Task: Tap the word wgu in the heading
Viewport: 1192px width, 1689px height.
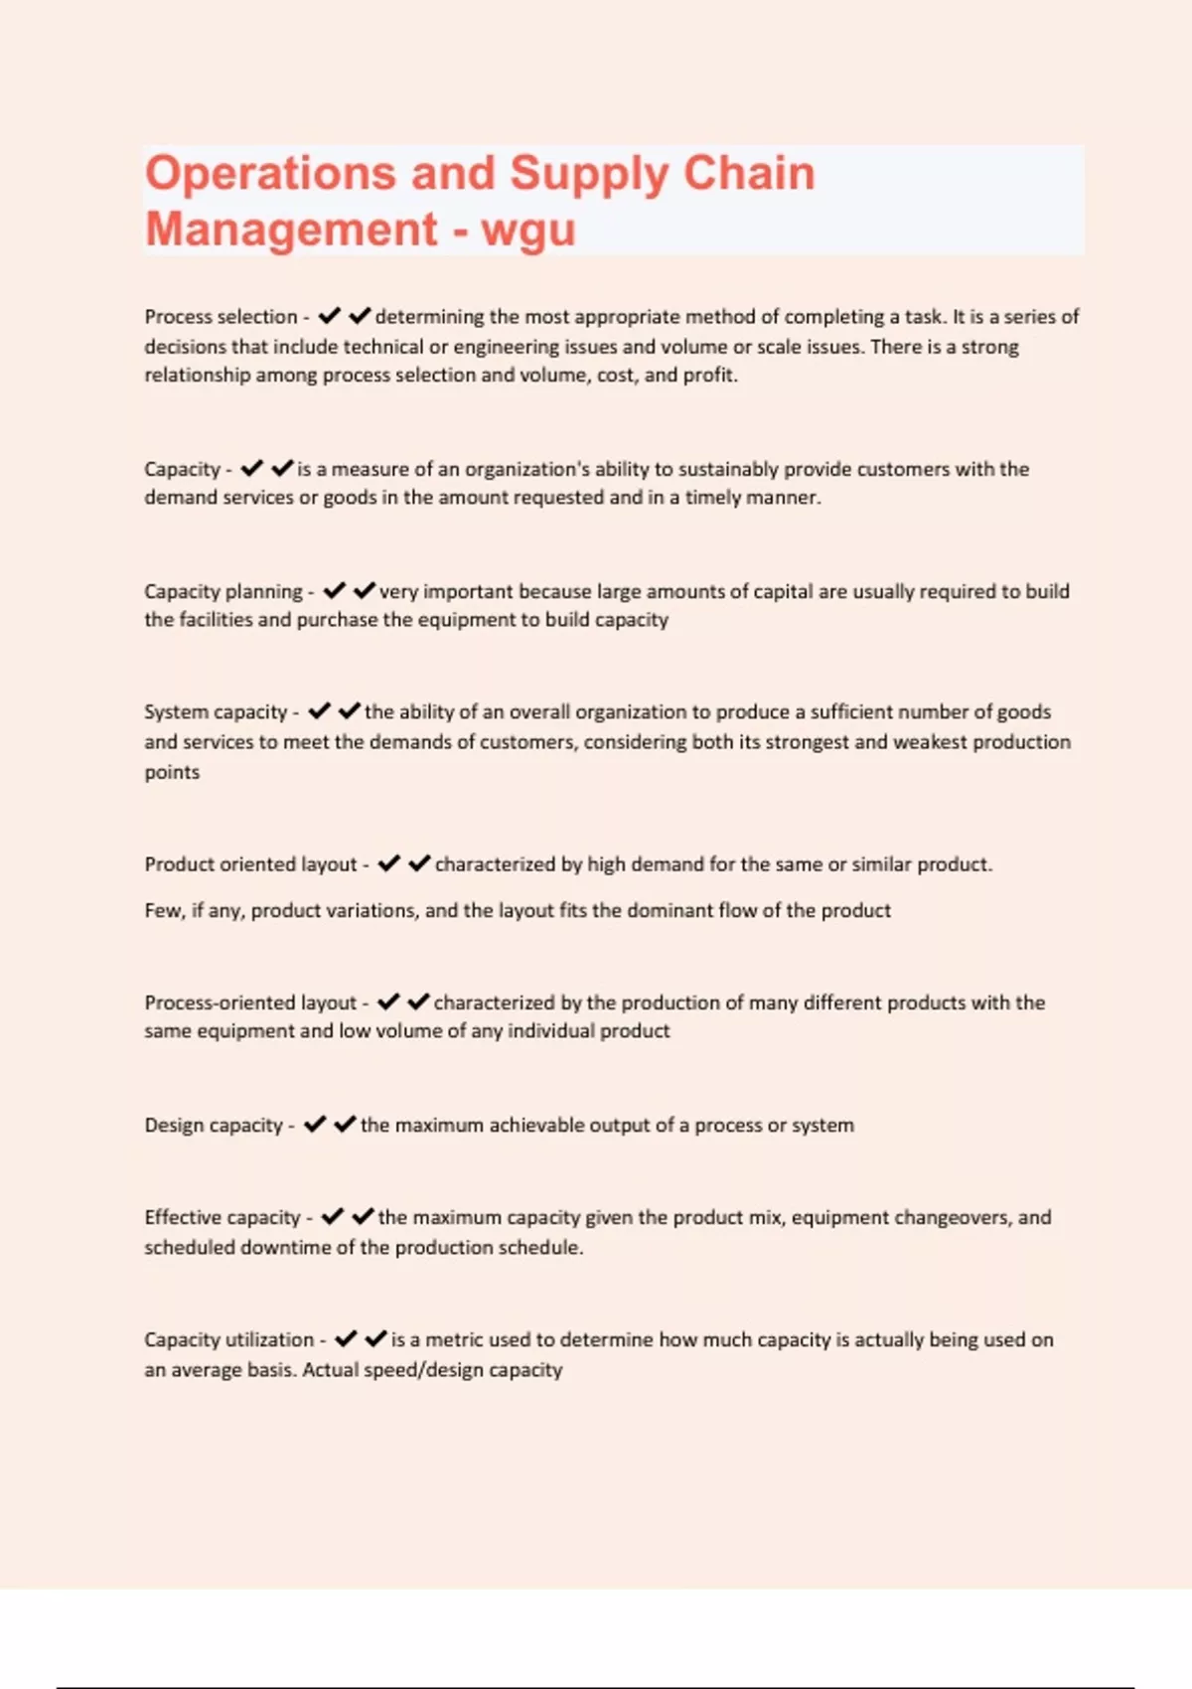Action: (x=527, y=230)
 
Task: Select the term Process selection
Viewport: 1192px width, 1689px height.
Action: (x=221, y=317)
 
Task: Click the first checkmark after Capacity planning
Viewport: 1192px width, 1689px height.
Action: (x=335, y=591)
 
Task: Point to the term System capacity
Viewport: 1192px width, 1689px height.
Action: (x=216, y=712)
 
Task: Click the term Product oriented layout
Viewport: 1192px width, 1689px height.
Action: (x=250, y=864)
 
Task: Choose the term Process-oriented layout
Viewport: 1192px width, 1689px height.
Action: (x=250, y=1002)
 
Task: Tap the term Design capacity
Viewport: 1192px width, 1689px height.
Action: (x=214, y=1126)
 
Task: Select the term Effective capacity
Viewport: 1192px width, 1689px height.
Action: (x=223, y=1218)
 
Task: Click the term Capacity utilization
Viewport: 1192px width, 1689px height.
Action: (x=228, y=1340)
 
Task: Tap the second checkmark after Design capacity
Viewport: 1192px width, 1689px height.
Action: (x=345, y=1125)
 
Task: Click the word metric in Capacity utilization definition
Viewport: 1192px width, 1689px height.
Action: (x=453, y=1340)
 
